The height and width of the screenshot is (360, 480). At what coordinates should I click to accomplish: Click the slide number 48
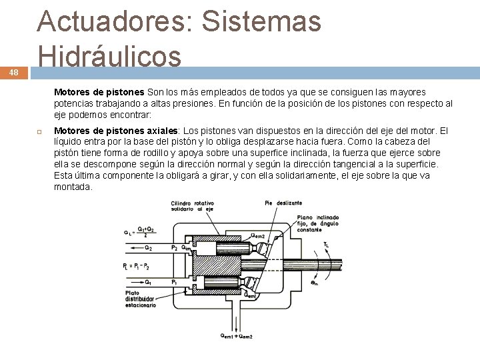[x=13, y=74]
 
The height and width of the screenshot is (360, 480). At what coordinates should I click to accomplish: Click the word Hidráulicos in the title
[x=109, y=57]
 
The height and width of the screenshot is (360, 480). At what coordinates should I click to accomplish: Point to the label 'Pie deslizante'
[x=283, y=203]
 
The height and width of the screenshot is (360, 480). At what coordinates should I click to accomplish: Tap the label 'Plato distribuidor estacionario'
[x=141, y=299]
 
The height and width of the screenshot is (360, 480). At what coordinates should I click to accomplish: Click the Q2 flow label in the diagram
[x=147, y=248]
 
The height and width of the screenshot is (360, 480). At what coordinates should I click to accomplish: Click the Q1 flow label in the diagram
[x=147, y=282]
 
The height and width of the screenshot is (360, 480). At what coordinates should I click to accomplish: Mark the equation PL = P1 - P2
[x=137, y=266]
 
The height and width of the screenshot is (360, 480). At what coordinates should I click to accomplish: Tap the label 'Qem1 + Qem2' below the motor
[x=237, y=336]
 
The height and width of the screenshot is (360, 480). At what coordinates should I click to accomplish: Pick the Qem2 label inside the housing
[x=258, y=235]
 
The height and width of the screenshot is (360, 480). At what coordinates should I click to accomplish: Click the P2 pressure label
[x=175, y=247]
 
